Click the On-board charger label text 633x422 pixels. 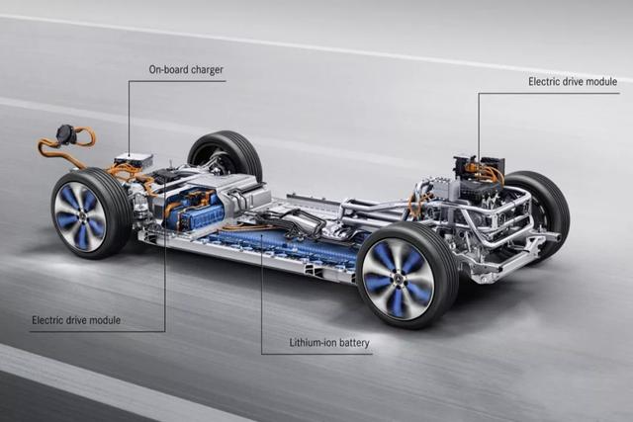click(x=186, y=69)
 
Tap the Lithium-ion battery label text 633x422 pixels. click(x=329, y=343)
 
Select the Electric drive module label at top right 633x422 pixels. click(x=573, y=81)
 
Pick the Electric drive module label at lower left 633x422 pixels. click(x=76, y=320)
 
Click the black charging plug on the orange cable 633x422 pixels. click(x=66, y=133)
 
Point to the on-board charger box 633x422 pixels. click(x=134, y=159)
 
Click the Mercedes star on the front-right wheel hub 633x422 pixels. click(x=398, y=280)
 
